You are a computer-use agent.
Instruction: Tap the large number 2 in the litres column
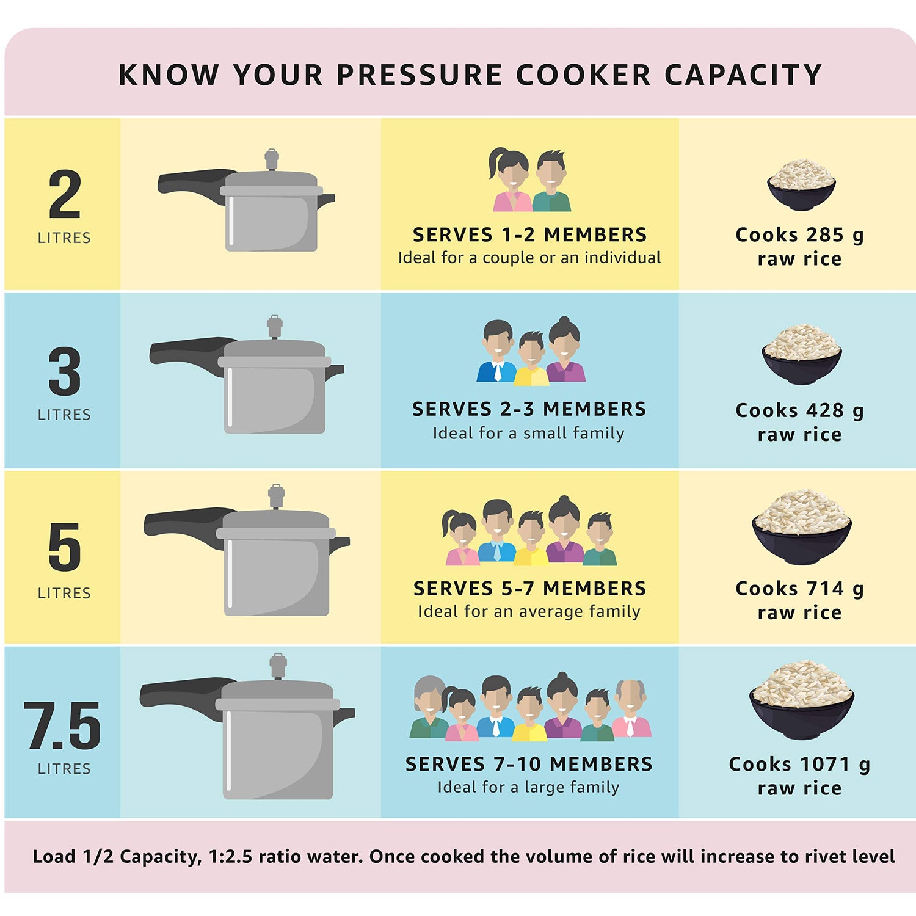[65, 195]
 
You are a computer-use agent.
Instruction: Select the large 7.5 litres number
[62, 725]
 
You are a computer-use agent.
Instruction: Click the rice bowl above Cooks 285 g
[801, 185]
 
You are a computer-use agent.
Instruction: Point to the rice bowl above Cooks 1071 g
[801, 700]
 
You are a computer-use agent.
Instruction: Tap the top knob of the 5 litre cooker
[276, 496]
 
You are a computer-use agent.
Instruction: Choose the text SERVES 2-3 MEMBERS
[529, 409]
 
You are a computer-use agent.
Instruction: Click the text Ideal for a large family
[528, 787]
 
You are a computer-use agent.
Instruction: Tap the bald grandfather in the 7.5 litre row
[631, 710]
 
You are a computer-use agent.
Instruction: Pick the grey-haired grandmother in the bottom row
[430, 708]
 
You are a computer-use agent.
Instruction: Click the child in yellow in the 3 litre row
[531, 358]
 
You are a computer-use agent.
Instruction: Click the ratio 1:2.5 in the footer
[231, 856]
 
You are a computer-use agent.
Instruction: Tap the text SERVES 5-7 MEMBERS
[529, 588]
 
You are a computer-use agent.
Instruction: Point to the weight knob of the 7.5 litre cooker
[278, 666]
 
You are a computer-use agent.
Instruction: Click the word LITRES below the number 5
[64, 593]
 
